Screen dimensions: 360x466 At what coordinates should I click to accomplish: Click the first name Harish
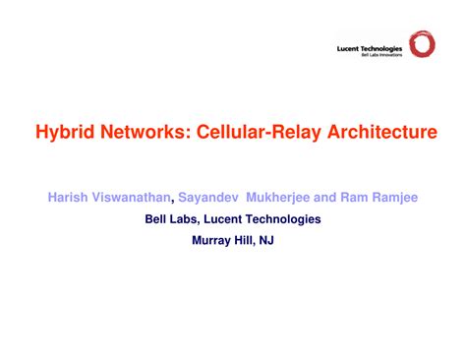pos(68,198)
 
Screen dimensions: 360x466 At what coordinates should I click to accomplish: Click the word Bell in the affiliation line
pos(157,218)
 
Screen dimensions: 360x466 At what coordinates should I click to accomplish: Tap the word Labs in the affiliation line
pos(186,218)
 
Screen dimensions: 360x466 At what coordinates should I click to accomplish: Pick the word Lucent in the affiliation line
pos(227,218)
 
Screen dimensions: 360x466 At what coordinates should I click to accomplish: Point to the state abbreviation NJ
pos(268,239)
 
